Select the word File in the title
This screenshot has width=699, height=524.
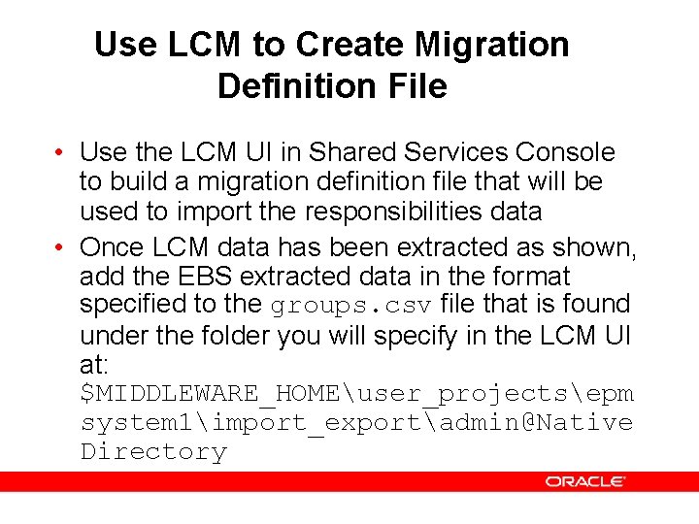(416, 86)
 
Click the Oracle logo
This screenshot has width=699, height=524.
(585, 481)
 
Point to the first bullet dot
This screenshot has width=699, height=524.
(61, 153)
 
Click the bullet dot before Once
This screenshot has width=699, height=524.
(61, 248)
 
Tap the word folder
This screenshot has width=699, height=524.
(234, 337)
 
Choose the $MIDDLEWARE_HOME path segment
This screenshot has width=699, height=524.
(209, 394)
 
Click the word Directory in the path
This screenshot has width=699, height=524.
(153, 452)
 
